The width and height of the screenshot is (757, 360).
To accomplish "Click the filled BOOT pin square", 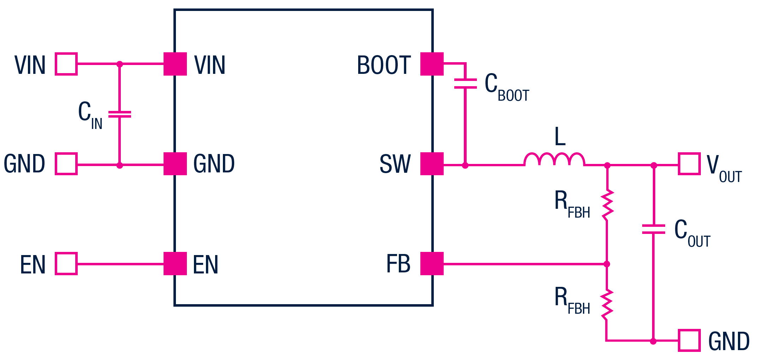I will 432,64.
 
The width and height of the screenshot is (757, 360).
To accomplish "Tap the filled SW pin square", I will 432,164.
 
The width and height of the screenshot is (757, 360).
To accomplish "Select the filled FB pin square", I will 432,264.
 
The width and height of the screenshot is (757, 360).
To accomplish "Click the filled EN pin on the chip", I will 175,264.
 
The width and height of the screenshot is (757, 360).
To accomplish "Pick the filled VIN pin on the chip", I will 175,64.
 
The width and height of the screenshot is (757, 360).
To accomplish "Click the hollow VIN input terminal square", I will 66,64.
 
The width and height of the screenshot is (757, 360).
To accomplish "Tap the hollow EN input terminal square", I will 66,264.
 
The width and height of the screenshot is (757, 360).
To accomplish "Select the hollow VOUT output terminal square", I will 689,164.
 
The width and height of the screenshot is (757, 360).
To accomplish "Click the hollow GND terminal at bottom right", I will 689,341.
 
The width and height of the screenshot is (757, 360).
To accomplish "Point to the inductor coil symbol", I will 554,160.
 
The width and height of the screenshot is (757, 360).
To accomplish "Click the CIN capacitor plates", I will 120,114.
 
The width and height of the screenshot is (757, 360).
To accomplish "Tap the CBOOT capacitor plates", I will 465,84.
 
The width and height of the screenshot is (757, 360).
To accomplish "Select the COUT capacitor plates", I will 653,229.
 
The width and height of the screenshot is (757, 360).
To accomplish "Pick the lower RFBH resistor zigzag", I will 607,305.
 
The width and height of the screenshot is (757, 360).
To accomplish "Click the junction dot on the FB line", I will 607,264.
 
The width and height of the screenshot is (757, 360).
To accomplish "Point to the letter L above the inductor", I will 560,137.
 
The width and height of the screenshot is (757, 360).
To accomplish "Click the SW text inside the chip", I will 395,164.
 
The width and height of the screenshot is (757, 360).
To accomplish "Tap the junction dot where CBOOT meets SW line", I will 465,165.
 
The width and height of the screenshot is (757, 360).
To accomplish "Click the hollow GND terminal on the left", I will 66,164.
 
